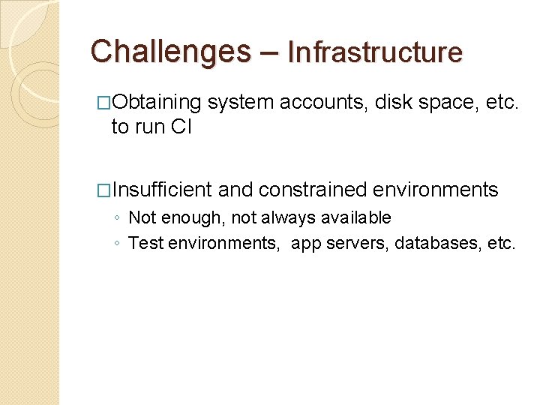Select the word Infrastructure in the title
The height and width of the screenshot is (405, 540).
[375, 52]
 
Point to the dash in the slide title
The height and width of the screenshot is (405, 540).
[270, 52]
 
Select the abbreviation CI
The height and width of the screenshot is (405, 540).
[181, 127]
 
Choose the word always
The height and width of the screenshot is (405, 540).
[288, 218]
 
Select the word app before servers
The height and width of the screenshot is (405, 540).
[304, 243]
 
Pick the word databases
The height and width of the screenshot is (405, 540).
[436, 243]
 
